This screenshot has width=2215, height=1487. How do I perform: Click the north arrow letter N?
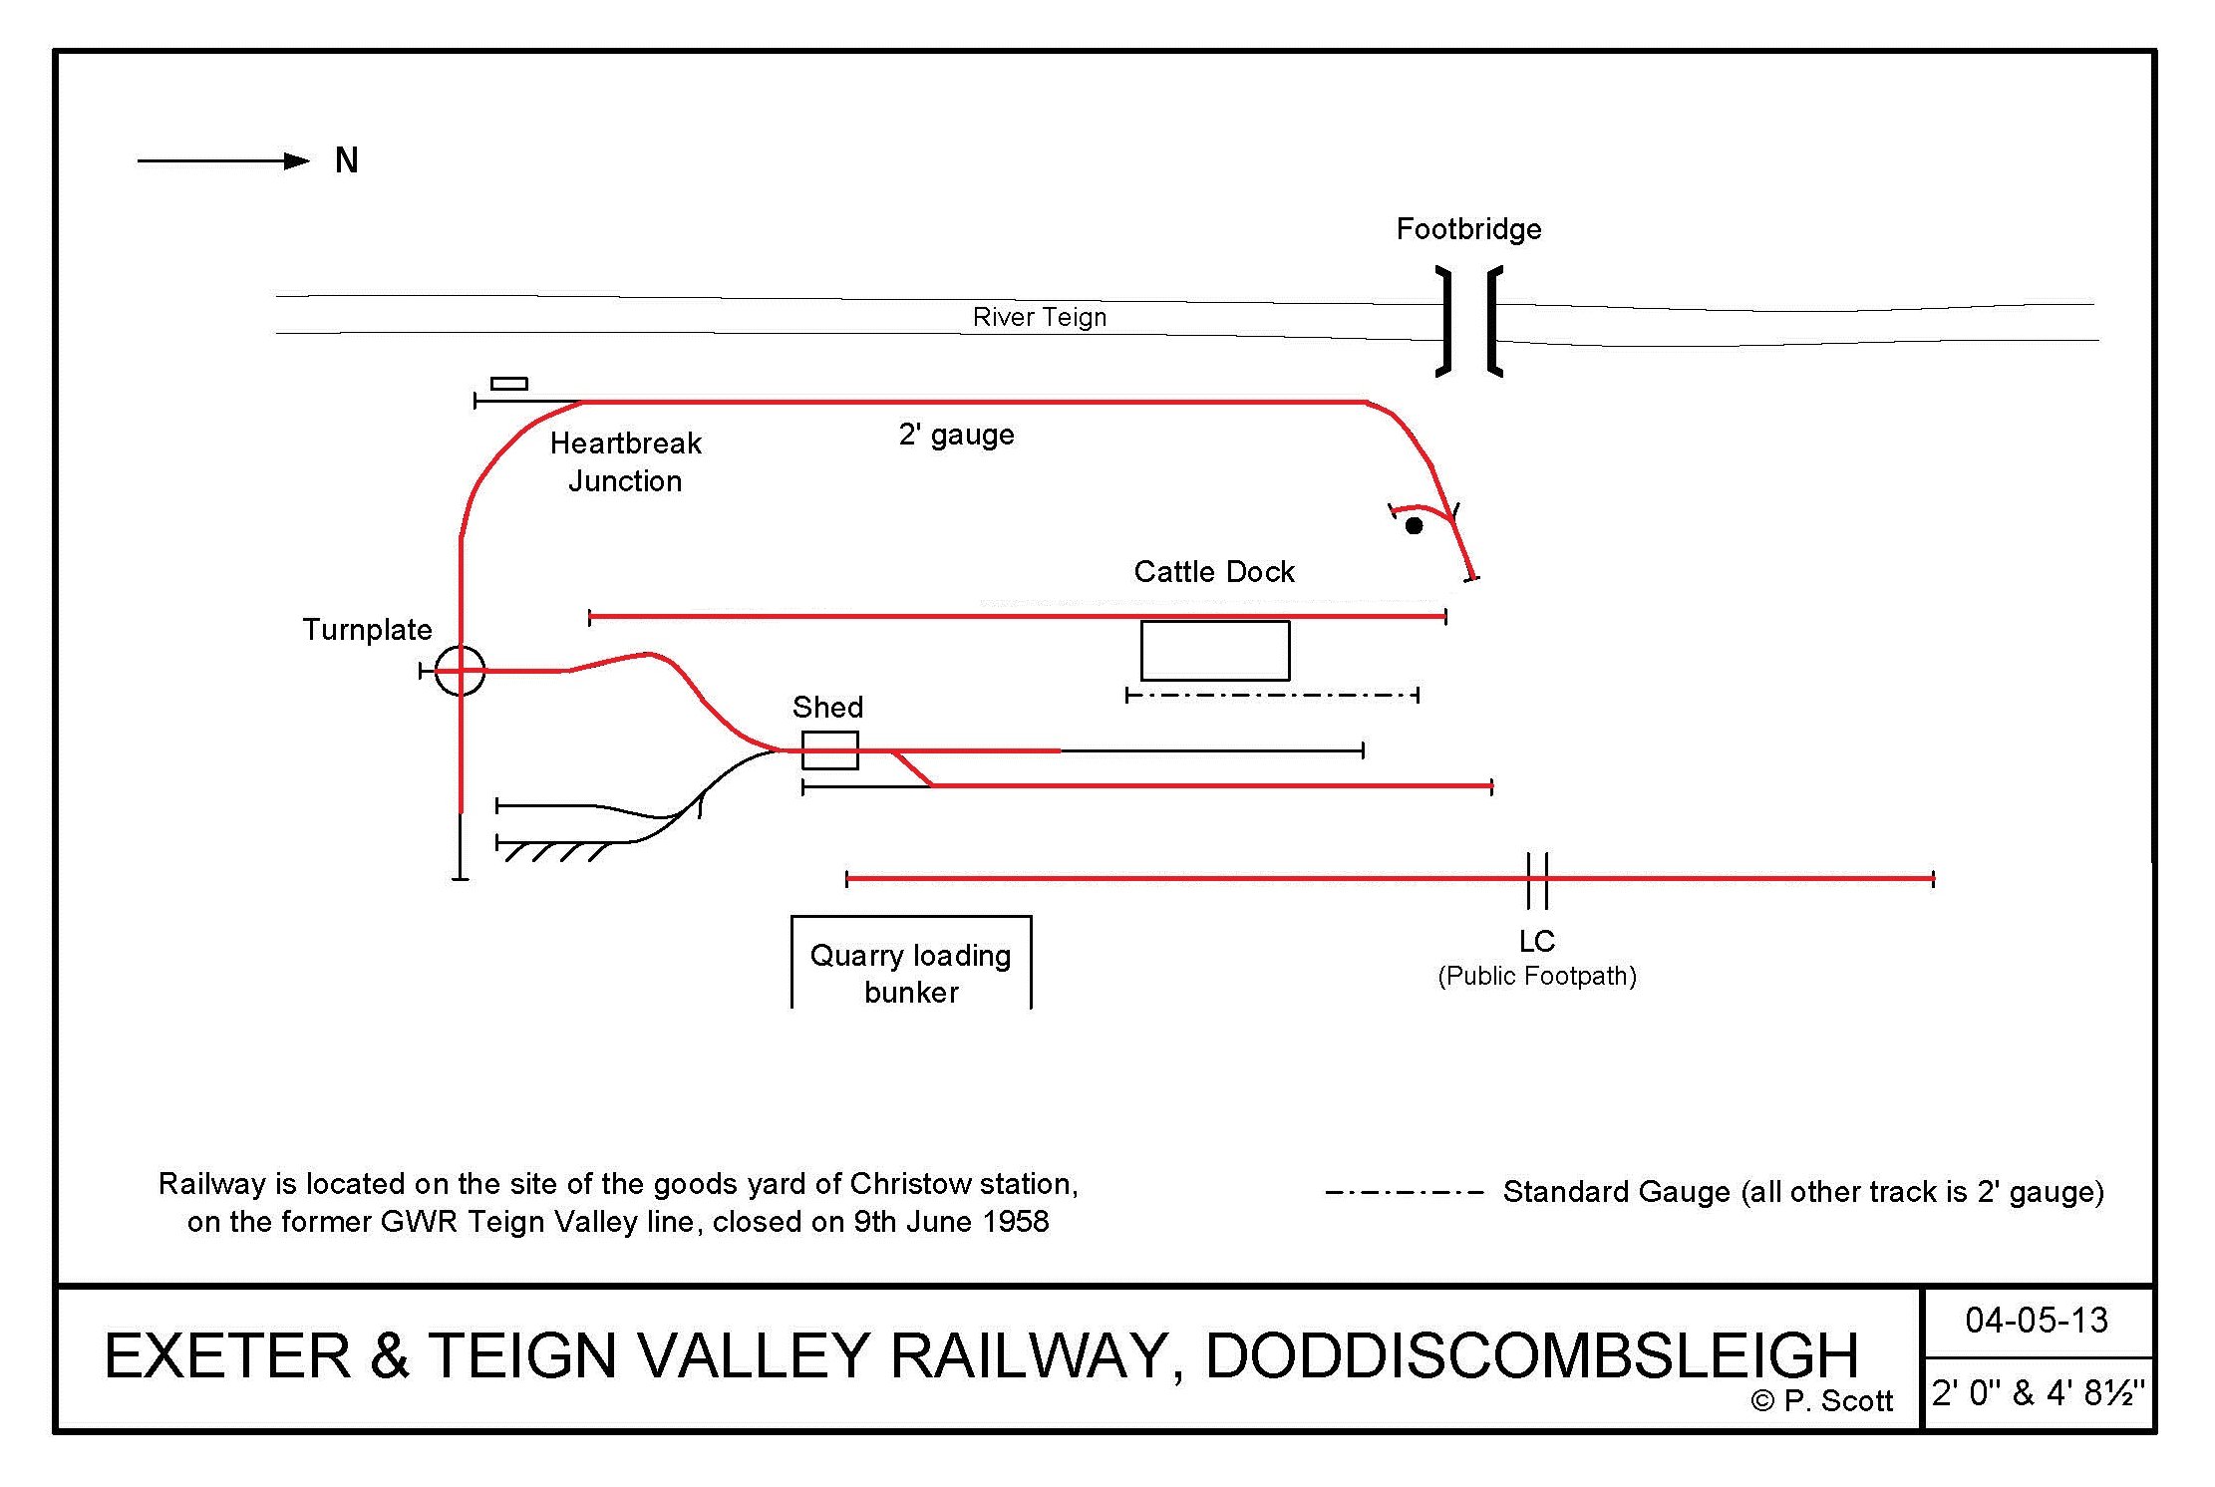tap(346, 160)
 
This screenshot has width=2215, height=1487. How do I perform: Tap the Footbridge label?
tap(1468, 229)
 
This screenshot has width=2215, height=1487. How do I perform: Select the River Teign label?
tap(1040, 317)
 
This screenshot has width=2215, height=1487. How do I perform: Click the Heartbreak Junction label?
tap(625, 461)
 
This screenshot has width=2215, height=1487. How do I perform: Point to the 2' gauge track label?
tap(956, 435)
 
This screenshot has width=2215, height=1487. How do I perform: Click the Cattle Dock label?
tap(1214, 571)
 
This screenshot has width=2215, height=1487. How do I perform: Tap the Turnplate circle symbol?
tap(460, 671)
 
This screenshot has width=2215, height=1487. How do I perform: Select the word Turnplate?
tap(367, 629)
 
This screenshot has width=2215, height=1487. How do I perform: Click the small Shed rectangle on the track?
tap(829, 750)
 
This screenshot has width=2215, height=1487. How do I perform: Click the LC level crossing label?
tap(1536, 941)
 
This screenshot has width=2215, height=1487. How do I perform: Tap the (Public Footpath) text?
tap(1536, 976)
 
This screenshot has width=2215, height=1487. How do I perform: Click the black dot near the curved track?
tap(1414, 525)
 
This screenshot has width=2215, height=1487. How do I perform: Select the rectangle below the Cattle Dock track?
tap(1214, 651)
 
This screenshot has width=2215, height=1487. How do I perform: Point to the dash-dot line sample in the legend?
tap(1404, 1192)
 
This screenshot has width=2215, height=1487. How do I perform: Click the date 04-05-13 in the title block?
tap(2036, 1321)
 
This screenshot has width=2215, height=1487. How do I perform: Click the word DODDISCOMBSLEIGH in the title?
tap(1531, 1355)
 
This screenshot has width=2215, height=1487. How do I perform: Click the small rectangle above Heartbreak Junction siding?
tap(508, 384)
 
